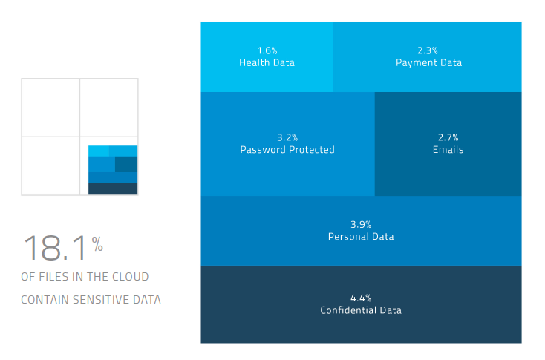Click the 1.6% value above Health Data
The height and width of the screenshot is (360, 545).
(267, 50)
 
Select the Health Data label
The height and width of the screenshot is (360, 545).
(267, 63)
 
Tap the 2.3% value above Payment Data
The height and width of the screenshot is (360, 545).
(428, 50)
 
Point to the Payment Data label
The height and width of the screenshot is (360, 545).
(428, 63)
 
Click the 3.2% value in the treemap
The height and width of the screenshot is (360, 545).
(287, 137)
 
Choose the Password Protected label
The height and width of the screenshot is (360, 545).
(287, 150)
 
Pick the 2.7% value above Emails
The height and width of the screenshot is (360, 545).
(448, 137)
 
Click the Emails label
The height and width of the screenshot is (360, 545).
(448, 150)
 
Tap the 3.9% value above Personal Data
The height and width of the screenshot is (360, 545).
(361, 224)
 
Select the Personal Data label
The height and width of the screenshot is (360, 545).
(361, 237)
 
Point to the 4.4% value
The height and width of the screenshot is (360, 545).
(361, 298)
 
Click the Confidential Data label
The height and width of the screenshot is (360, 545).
(361, 310)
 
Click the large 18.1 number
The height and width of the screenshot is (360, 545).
(55, 249)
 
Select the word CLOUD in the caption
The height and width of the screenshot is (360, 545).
(131, 277)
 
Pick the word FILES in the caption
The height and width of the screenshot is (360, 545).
(52, 277)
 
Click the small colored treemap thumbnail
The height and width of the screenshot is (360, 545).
(113, 170)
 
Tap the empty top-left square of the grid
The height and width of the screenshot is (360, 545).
(50, 108)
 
